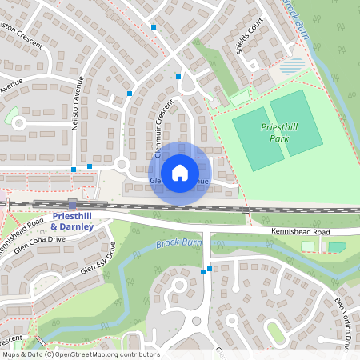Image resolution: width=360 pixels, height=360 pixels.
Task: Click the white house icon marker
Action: click(x=179, y=172)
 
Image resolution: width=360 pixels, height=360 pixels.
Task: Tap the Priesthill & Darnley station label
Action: click(x=73, y=222)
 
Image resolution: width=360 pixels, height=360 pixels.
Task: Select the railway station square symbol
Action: click(x=73, y=204)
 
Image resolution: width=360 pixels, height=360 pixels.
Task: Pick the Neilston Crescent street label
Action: click(x=19, y=35)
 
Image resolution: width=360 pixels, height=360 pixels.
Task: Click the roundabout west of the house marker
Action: click(x=122, y=166)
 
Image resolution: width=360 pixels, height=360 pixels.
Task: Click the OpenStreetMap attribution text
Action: click(x=80, y=354)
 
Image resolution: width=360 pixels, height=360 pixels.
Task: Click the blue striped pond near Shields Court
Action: click(x=294, y=65)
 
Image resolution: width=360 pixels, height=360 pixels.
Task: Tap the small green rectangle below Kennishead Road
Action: click(x=337, y=247)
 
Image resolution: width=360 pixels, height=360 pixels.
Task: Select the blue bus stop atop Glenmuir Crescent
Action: click(x=178, y=77)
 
